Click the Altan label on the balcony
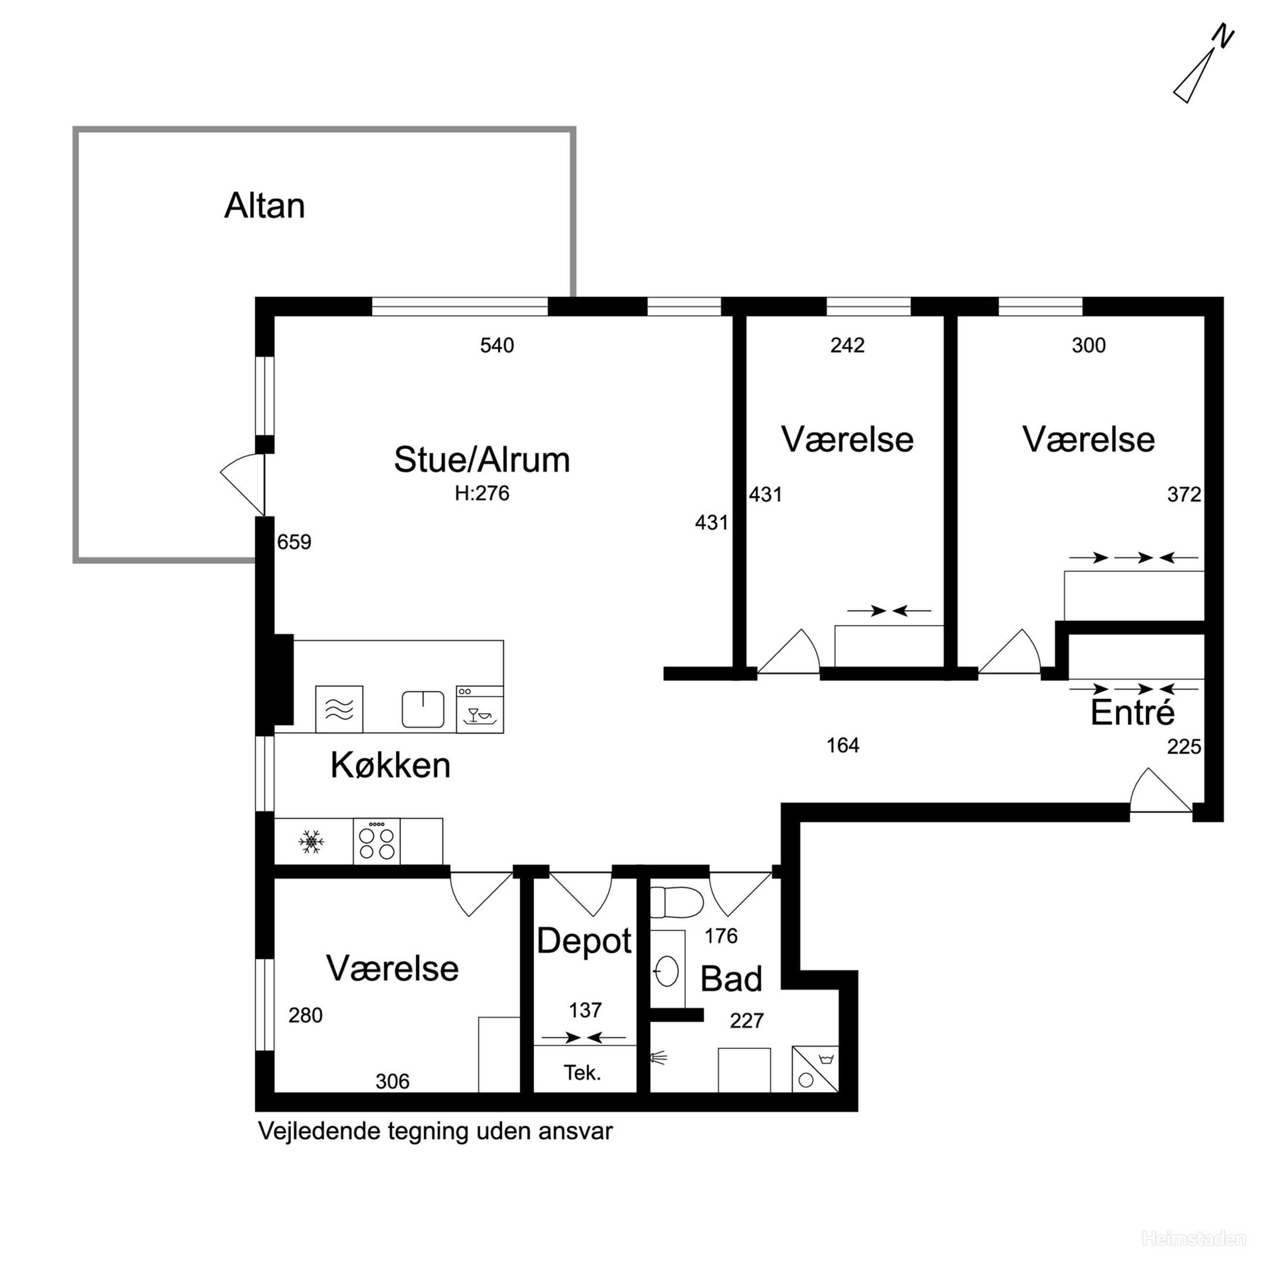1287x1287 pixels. [264, 205]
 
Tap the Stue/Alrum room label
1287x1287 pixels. [481, 459]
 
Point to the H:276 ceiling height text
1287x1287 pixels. [481, 493]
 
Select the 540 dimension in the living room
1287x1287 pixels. [497, 345]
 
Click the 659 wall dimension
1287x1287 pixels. [294, 542]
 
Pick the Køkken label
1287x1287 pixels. [391, 764]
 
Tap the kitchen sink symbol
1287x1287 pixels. [423, 708]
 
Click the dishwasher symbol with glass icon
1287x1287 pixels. [479, 708]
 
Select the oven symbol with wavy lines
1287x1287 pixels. [339, 708]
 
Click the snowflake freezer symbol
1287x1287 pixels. [311, 842]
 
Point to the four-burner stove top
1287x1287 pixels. [376, 841]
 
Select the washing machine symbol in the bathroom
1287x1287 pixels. [815, 1068]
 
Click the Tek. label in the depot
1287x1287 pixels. [582, 1073]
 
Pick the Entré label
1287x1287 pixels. [1133, 712]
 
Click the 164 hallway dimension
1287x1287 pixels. [843, 745]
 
